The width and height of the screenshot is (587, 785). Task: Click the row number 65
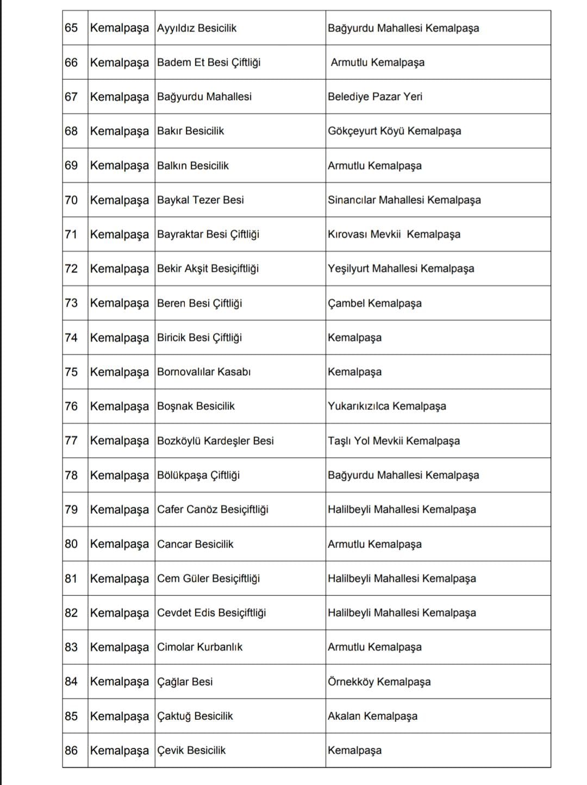coord(71,28)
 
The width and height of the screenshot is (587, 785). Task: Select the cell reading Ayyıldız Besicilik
coord(197,28)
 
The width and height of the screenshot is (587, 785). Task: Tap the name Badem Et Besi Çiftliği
coord(209,63)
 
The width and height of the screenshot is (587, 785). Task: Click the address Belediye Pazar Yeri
coord(375,97)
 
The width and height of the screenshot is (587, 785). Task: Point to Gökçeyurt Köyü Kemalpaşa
coord(394,131)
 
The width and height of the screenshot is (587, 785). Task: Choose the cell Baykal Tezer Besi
coord(201,200)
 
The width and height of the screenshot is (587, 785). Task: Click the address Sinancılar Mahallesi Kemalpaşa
coord(404,200)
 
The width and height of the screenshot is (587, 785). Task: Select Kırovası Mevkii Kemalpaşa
coord(394,234)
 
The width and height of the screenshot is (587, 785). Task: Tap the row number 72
coord(71,269)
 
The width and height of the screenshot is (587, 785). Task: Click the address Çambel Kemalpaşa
coord(374,303)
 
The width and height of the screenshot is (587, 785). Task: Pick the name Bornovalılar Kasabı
coord(204,372)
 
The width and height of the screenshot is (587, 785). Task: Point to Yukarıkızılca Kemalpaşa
coord(387,406)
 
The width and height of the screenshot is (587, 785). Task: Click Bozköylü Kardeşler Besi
coord(215,440)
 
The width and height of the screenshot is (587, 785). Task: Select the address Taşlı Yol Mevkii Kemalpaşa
coord(394,440)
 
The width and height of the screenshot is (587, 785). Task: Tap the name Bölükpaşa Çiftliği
coord(198,475)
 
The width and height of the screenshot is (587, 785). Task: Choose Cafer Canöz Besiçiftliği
coord(213,509)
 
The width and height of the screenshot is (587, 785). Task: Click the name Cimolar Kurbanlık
coord(199,647)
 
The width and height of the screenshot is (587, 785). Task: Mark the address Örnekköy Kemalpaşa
coord(379,682)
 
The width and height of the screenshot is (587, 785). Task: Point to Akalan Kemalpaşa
coord(372,716)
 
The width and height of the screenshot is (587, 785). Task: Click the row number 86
coord(71,750)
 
